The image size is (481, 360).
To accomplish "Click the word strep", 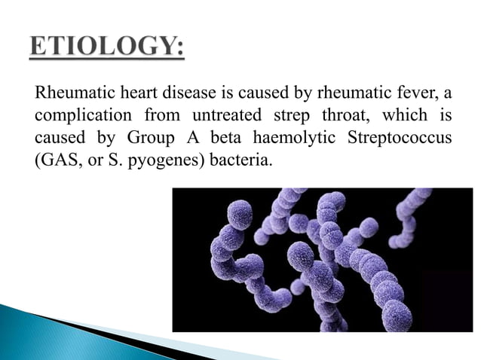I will click(x=289, y=117).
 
